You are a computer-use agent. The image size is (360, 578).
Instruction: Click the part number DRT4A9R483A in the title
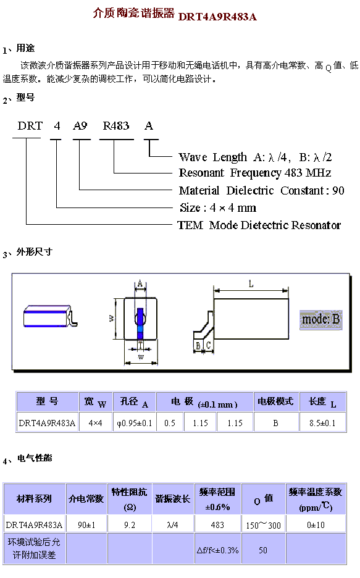click(217, 17)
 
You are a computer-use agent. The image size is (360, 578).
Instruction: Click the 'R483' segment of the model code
click(116, 126)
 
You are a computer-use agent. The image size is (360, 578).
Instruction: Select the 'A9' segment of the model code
click(80, 126)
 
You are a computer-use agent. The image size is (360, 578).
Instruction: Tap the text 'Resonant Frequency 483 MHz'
click(255, 173)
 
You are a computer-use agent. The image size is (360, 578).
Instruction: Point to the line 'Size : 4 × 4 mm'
click(218, 208)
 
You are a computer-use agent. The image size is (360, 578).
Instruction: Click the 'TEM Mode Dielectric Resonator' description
click(259, 225)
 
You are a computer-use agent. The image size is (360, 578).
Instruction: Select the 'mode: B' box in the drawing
click(321, 320)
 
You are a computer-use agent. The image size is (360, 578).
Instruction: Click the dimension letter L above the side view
click(251, 284)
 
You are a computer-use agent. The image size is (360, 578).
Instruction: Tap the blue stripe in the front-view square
click(140, 324)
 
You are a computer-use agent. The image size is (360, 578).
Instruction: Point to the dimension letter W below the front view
click(141, 357)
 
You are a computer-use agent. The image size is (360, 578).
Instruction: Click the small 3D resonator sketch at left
click(51, 316)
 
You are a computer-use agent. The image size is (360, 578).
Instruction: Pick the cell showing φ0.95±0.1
click(135, 423)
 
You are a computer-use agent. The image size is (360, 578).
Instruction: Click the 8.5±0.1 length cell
click(322, 423)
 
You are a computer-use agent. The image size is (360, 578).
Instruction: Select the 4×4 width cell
click(96, 423)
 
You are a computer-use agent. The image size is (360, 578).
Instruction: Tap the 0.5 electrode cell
click(170, 423)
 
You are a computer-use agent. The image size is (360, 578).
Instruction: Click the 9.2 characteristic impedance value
click(130, 525)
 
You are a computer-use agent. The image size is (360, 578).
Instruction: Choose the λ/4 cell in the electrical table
click(172, 525)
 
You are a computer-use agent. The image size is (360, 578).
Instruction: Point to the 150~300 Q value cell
click(264, 525)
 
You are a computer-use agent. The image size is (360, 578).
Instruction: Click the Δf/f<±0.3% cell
click(217, 550)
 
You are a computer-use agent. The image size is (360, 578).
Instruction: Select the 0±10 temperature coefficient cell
click(316, 525)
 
